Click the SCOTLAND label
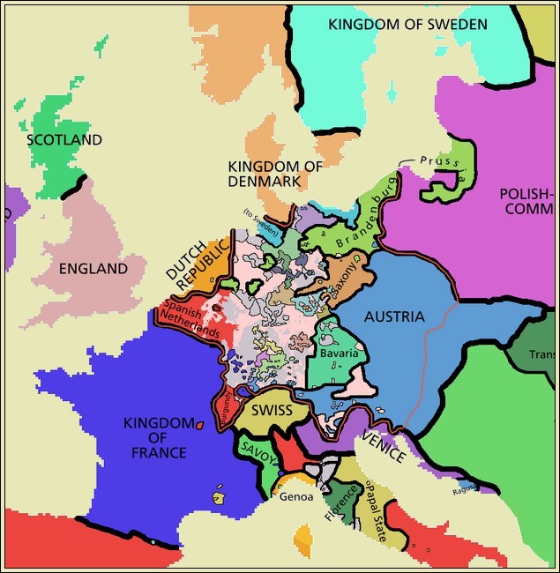point(64,140)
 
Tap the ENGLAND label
point(93,269)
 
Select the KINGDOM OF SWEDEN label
point(407,24)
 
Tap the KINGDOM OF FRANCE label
point(155,437)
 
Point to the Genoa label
point(296,496)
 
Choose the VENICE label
point(384,445)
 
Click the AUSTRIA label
point(393,316)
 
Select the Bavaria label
point(339,353)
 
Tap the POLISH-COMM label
point(526,202)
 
